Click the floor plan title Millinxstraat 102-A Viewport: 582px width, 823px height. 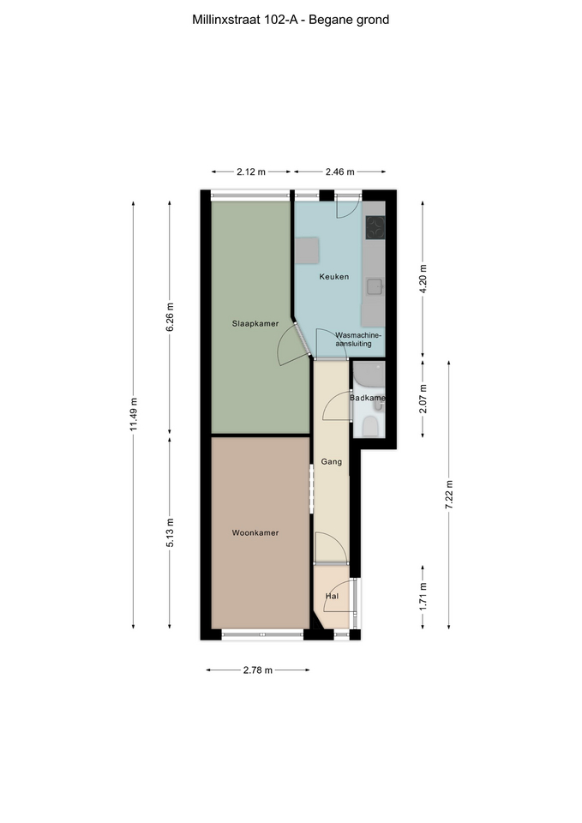click(x=245, y=20)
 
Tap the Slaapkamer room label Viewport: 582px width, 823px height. click(x=255, y=324)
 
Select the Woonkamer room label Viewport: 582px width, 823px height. click(x=255, y=532)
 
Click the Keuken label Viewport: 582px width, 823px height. click(x=333, y=277)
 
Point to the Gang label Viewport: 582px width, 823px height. click(x=331, y=462)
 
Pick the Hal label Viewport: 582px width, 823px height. click(x=332, y=597)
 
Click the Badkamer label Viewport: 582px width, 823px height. click(x=368, y=398)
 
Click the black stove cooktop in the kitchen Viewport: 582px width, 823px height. click(x=375, y=228)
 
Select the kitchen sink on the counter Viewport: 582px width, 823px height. click(x=375, y=287)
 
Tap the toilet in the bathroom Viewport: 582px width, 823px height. click(x=370, y=426)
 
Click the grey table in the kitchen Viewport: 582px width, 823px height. click(x=307, y=251)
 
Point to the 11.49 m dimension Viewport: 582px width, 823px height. click(x=134, y=415)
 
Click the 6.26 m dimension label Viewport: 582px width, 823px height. click(x=170, y=317)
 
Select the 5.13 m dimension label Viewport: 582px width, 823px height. click(x=170, y=532)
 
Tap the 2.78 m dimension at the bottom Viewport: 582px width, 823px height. click(x=258, y=670)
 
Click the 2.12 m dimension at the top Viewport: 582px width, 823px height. click(x=251, y=171)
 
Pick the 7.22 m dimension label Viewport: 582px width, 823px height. click(x=448, y=495)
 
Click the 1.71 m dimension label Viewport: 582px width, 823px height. click(x=423, y=597)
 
